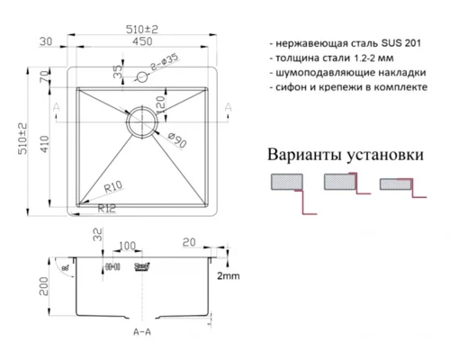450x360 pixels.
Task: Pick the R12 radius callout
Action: coord(109,209)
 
